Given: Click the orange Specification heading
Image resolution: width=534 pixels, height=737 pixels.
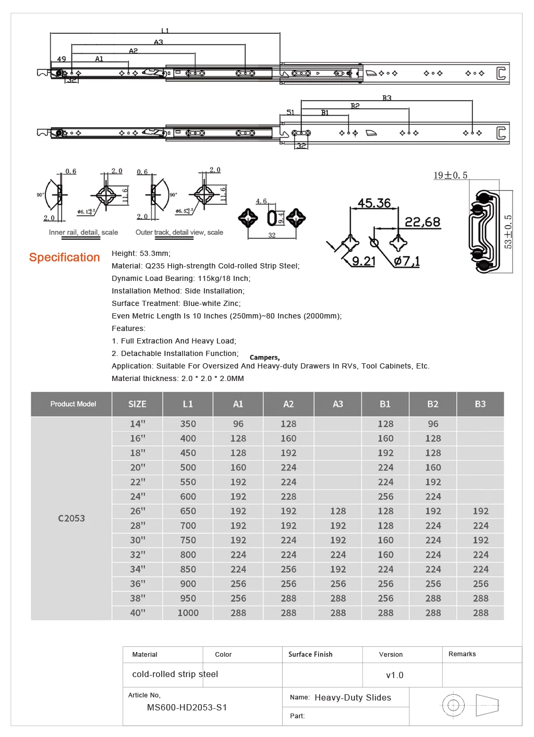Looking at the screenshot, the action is (65, 257).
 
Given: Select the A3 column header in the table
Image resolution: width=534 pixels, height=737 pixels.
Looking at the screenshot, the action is (338, 404).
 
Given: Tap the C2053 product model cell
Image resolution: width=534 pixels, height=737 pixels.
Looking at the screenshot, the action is (71, 518).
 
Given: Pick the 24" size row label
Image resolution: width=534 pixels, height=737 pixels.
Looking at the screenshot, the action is (138, 496).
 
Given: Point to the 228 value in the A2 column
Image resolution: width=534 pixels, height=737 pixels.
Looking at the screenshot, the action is (288, 496).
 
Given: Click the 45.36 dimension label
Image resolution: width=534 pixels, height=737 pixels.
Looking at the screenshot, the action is (374, 203).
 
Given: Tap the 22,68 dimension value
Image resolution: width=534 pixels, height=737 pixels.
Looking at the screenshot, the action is (422, 222).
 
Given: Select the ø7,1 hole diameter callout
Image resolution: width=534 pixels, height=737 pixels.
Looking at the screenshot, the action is (407, 261).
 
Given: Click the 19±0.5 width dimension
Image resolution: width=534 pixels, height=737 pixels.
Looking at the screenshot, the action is (451, 175).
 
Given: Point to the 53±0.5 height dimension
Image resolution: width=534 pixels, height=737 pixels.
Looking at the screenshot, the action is (508, 231).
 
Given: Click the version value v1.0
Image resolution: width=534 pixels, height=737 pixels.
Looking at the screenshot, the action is (394, 675).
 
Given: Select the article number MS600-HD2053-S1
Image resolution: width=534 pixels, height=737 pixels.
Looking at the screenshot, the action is (187, 707).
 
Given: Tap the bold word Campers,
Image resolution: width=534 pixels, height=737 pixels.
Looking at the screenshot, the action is (265, 358).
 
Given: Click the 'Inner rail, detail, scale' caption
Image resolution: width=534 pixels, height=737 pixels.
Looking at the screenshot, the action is (83, 232).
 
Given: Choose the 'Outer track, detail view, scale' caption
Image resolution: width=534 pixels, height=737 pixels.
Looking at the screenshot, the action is (179, 232).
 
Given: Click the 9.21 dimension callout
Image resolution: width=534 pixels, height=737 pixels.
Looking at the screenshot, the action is (364, 261).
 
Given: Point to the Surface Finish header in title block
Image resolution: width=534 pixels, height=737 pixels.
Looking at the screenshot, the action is (310, 654).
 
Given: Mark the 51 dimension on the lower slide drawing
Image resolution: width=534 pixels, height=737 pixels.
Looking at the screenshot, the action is (290, 112).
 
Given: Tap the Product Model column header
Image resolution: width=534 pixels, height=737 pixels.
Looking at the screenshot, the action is (73, 404).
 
